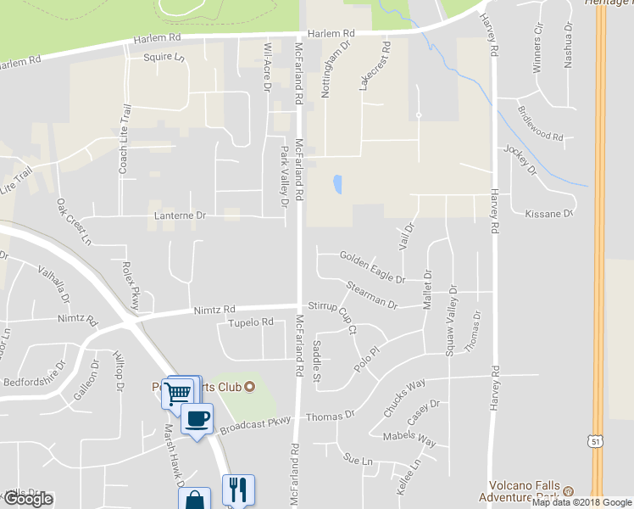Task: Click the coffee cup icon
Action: click(197, 418)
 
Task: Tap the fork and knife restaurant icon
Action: click(238, 489)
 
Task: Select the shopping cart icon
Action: click(177, 394)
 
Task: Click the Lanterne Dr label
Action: click(181, 215)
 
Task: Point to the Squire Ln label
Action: click(164, 58)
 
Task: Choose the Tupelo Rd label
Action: click(251, 322)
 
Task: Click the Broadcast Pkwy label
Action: click(255, 423)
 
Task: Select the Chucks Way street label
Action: click(403, 397)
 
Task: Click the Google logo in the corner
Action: click(29, 499)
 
